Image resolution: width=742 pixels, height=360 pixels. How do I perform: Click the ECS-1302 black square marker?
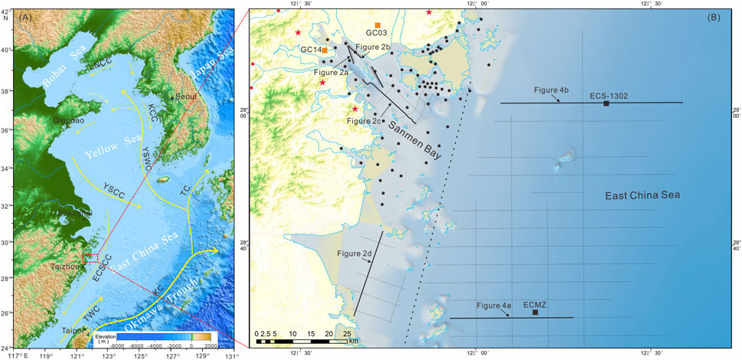tap(606, 103)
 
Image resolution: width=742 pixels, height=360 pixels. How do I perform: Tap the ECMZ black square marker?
tap(535, 313)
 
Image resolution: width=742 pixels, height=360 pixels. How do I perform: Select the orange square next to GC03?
tap(378, 25)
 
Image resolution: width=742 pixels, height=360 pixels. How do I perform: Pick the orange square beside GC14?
tap(325, 51)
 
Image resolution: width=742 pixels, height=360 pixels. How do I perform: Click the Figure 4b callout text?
tap(551, 90)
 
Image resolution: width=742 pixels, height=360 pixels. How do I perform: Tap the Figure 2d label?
tap(353, 252)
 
